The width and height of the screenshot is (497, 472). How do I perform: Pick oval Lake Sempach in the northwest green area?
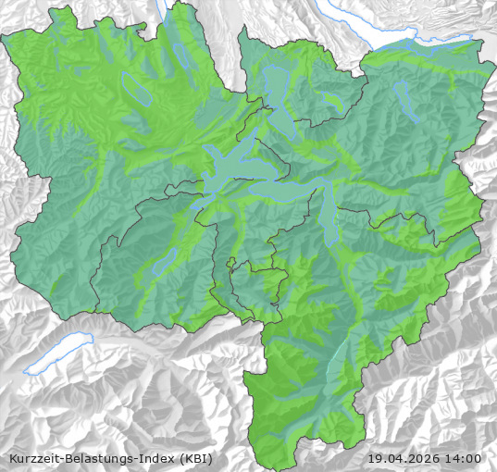(137, 90)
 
